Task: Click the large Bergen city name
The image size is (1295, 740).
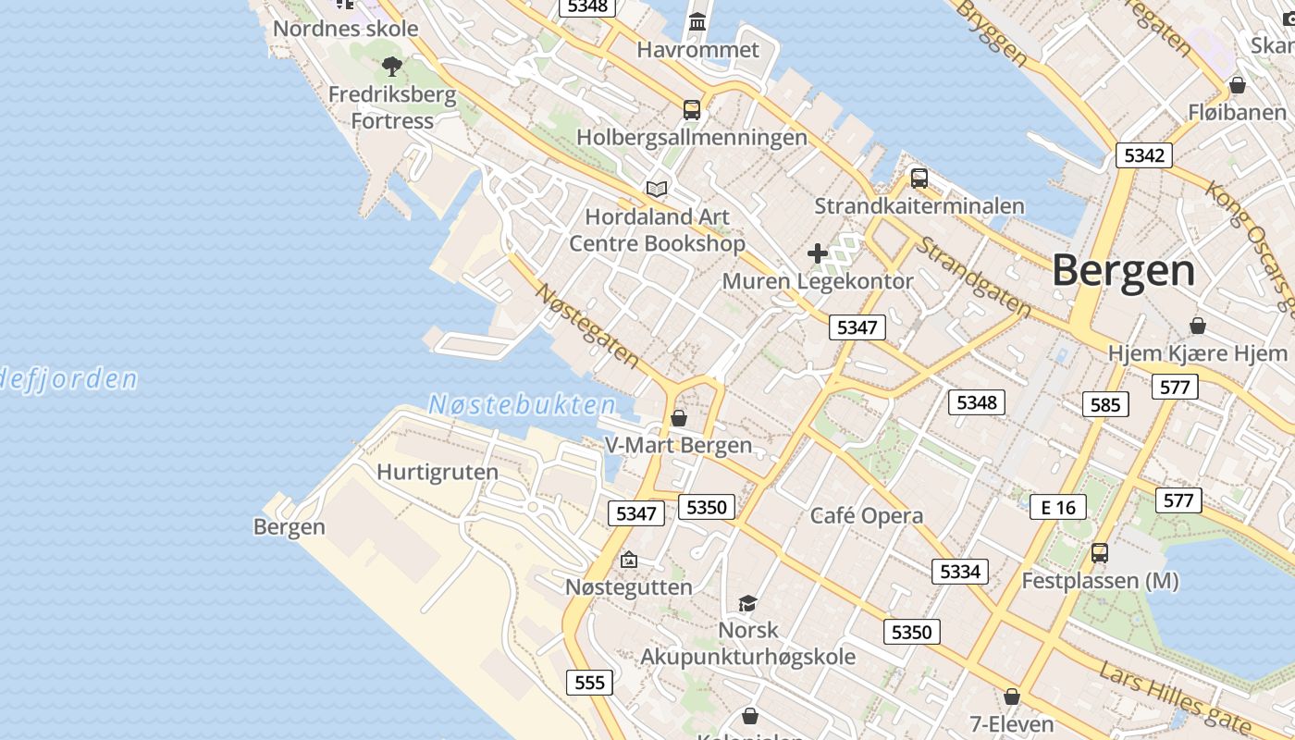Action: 1123,271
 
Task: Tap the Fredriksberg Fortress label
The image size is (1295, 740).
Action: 392,107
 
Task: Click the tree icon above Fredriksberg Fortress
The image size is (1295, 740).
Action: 392,66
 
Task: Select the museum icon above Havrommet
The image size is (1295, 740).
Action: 697,21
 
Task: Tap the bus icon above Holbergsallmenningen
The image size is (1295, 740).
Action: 692,109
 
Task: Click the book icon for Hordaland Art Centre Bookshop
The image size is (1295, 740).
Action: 657,189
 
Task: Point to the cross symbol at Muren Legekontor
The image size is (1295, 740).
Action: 818,253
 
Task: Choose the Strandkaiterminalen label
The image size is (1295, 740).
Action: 919,205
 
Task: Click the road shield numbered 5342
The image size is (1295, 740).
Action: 1143,154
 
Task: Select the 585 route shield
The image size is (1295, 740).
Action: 1105,403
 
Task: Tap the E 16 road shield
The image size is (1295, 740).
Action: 1058,506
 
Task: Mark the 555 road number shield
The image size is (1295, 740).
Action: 589,683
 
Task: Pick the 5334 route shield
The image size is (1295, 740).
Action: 959,571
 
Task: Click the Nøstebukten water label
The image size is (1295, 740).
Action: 522,405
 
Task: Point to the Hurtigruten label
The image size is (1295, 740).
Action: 438,472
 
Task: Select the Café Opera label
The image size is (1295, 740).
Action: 867,515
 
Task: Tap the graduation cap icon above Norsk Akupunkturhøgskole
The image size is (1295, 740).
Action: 747,603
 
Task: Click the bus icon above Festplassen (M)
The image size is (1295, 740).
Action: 1099,552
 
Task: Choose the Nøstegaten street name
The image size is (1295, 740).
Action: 587,325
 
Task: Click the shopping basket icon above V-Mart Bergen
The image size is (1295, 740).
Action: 679,418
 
